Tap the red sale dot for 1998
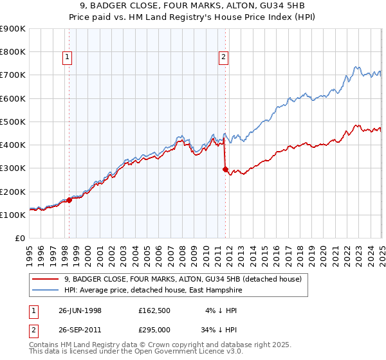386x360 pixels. pyautogui.click(x=69, y=200)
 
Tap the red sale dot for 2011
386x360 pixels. pyautogui.click(x=225, y=170)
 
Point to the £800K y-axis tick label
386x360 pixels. pyautogui.click(x=13, y=52)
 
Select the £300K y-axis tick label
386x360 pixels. pyautogui.click(x=13, y=168)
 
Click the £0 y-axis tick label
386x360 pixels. pyautogui.click(x=19, y=239)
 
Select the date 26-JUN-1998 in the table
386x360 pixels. pyautogui.click(x=80, y=310)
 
